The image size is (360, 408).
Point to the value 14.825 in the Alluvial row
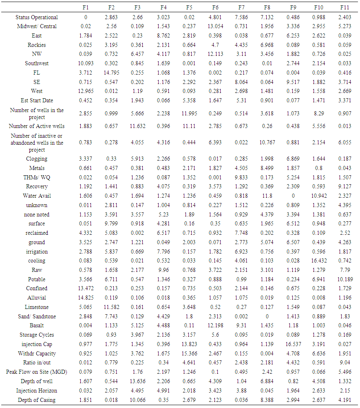click(x=86, y=298)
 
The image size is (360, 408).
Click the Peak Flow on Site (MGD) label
click(x=37, y=372)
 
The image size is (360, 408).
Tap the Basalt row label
click(x=37, y=326)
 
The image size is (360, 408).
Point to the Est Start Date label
click(x=37, y=100)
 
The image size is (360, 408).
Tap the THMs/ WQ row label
click(x=37, y=177)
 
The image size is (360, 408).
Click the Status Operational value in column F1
click(x=86, y=17)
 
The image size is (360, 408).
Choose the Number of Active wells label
click(x=37, y=126)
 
